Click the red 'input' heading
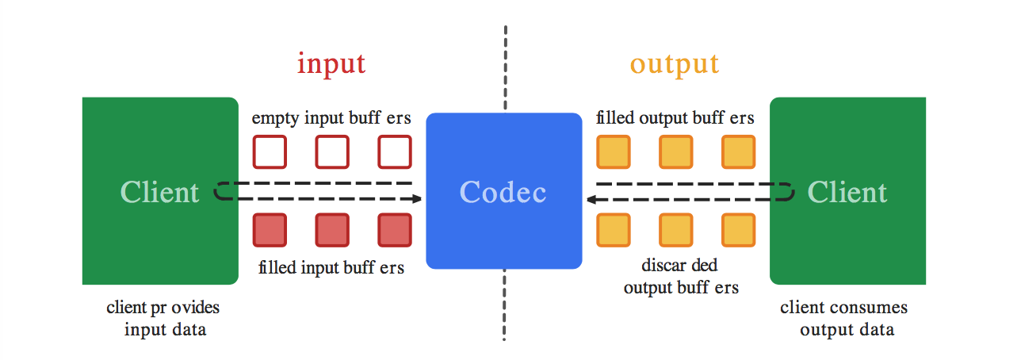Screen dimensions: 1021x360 coord(331,63)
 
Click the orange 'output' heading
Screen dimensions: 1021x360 coord(675,63)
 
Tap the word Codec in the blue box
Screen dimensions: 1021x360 coord(503,192)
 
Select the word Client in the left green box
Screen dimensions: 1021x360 coord(159,192)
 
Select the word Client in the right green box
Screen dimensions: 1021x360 coord(847,192)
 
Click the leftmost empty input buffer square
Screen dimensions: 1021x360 coord(270,152)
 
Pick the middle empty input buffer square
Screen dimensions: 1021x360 coord(332,152)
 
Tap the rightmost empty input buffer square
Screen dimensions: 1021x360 coord(395,152)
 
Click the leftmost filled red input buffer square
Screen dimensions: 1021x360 coord(270,230)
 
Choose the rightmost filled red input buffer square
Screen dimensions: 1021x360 coord(395,230)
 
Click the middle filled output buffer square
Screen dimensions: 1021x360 coord(676,152)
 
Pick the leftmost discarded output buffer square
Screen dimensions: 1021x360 coord(614,230)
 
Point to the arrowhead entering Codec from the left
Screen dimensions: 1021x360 coord(416,199)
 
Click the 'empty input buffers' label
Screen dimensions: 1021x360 coord(331,118)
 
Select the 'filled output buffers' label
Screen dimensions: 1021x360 coord(675,118)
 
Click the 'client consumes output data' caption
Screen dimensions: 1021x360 coord(843,318)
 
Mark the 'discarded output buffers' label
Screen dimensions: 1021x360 coord(681,277)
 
